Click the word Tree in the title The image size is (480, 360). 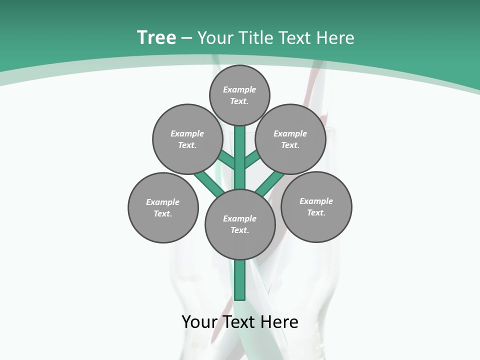coord(156,37)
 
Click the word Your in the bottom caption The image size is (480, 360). coord(199,322)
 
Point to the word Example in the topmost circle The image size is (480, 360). coord(239,89)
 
